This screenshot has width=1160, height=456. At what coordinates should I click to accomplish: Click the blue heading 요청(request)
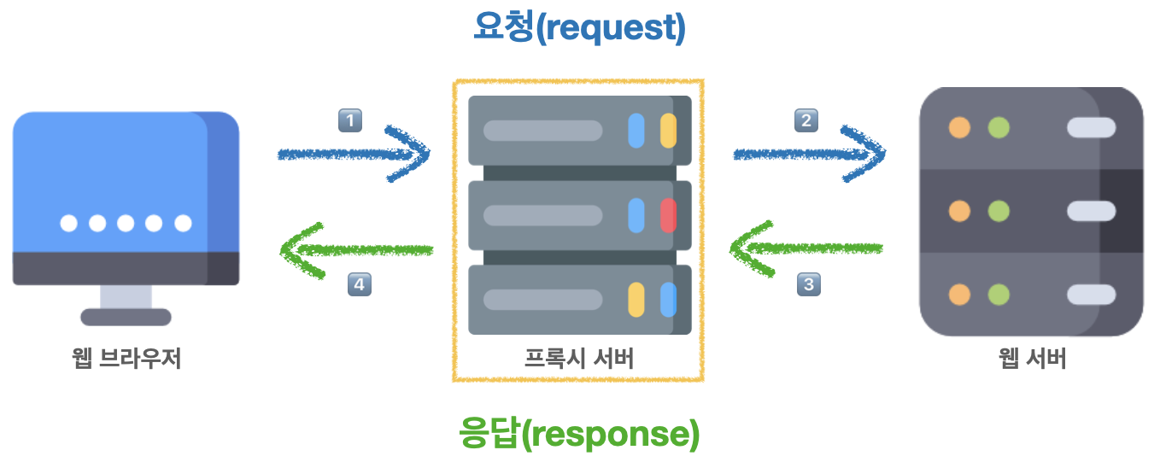pyautogui.click(x=579, y=28)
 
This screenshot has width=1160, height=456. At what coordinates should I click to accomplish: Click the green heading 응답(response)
pyautogui.click(x=579, y=433)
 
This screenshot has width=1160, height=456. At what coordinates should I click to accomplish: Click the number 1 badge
pyautogui.click(x=350, y=120)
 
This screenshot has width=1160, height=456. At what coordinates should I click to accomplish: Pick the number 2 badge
pyautogui.click(x=806, y=120)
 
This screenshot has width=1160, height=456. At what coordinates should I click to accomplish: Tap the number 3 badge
pyautogui.click(x=808, y=284)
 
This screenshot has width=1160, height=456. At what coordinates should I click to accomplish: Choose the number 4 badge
pyautogui.click(x=360, y=284)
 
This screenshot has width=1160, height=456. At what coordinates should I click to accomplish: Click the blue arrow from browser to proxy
pyautogui.click(x=354, y=154)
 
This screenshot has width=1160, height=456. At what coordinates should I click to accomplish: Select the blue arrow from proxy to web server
pyautogui.click(x=810, y=154)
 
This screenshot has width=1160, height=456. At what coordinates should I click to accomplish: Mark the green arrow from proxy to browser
pyautogui.click(x=355, y=249)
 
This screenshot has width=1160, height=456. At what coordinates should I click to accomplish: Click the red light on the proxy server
pyautogui.click(x=668, y=215)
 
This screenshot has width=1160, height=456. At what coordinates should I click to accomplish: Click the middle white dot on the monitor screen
pyautogui.click(x=126, y=224)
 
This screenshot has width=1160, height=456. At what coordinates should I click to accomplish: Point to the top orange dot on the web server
pyautogui.click(x=960, y=128)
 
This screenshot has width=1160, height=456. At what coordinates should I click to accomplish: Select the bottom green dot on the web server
pyautogui.click(x=999, y=295)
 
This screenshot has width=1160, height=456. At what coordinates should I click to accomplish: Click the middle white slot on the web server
pyautogui.click(x=1091, y=211)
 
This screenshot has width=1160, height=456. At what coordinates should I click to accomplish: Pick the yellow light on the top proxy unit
pyautogui.click(x=668, y=131)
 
